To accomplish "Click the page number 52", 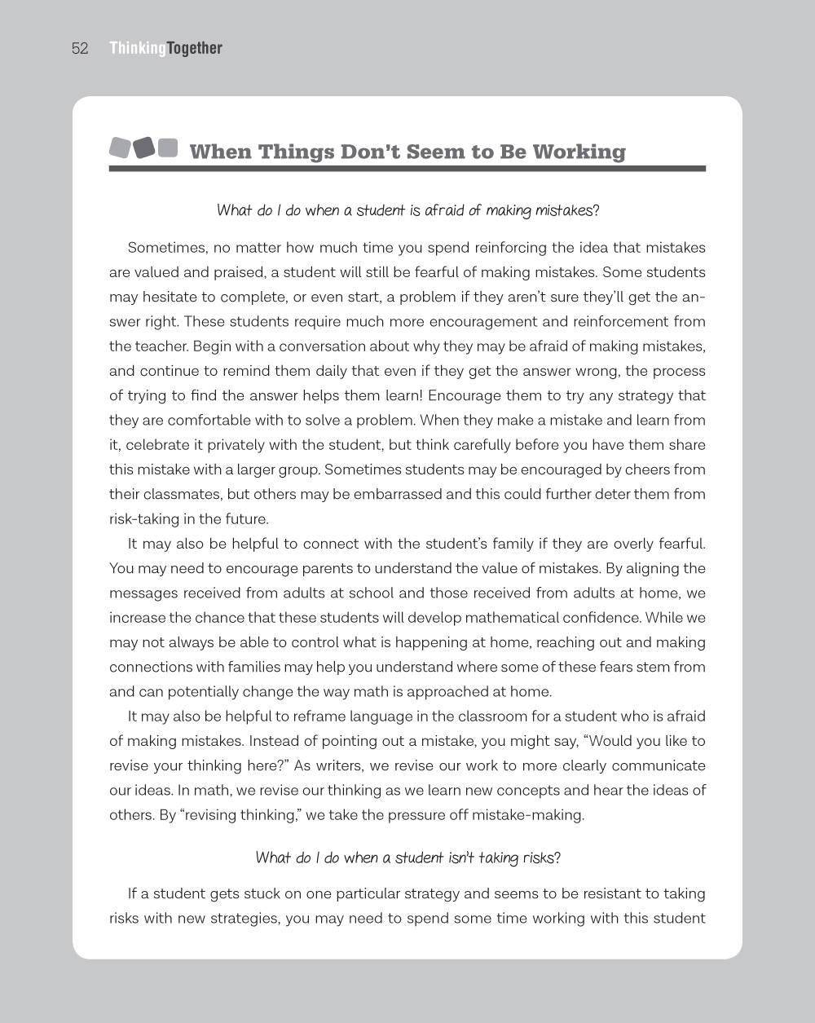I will coord(80,49).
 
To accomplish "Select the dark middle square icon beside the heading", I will coord(143,148).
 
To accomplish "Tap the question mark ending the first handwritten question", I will coord(597,210).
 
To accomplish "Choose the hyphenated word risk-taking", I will coord(148,519).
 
